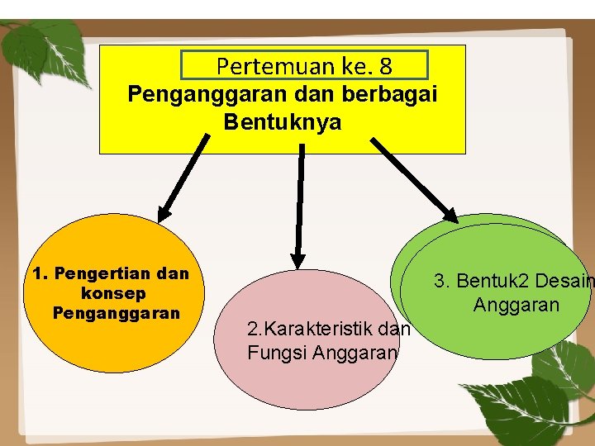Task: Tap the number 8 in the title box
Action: pyautogui.click(x=384, y=65)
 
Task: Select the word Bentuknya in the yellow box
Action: pyautogui.click(x=282, y=122)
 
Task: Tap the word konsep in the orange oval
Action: pyautogui.click(x=114, y=293)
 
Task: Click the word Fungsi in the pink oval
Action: pyautogui.click(x=273, y=353)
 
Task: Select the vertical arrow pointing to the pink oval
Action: pyautogui.click(x=301, y=206)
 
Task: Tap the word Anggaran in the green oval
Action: pyautogui.click(x=516, y=305)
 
